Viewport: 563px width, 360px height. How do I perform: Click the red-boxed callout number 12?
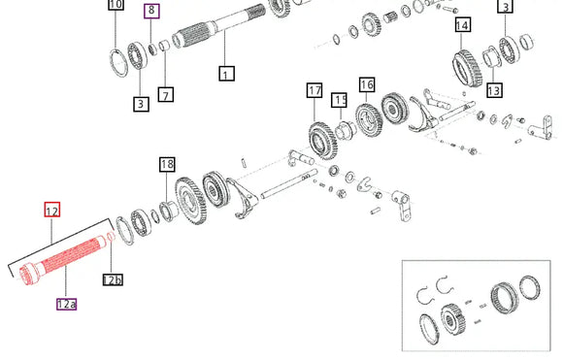pyautogui.click(x=52, y=210)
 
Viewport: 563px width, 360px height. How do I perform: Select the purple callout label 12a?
pyautogui.click(x=66, y=304)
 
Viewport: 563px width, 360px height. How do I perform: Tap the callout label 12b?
pyautogui.click(x=113, y=279)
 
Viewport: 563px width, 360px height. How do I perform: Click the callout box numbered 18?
pyautogui.click(x=167, y=164)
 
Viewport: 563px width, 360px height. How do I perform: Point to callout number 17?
pyautogui.click(x=315, y=90)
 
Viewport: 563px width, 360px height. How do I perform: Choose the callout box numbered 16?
pyautogui.click(x=367, y=84)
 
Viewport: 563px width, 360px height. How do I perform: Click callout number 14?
pyautogui.click(x=462, y=25)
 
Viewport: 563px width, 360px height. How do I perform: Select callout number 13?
pyautogui.click(x=494, y=89)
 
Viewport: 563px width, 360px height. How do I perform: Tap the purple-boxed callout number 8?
pyautogui.click(x=151, y=11)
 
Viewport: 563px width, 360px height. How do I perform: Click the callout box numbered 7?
pyautogui.click(x=166, y=95)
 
